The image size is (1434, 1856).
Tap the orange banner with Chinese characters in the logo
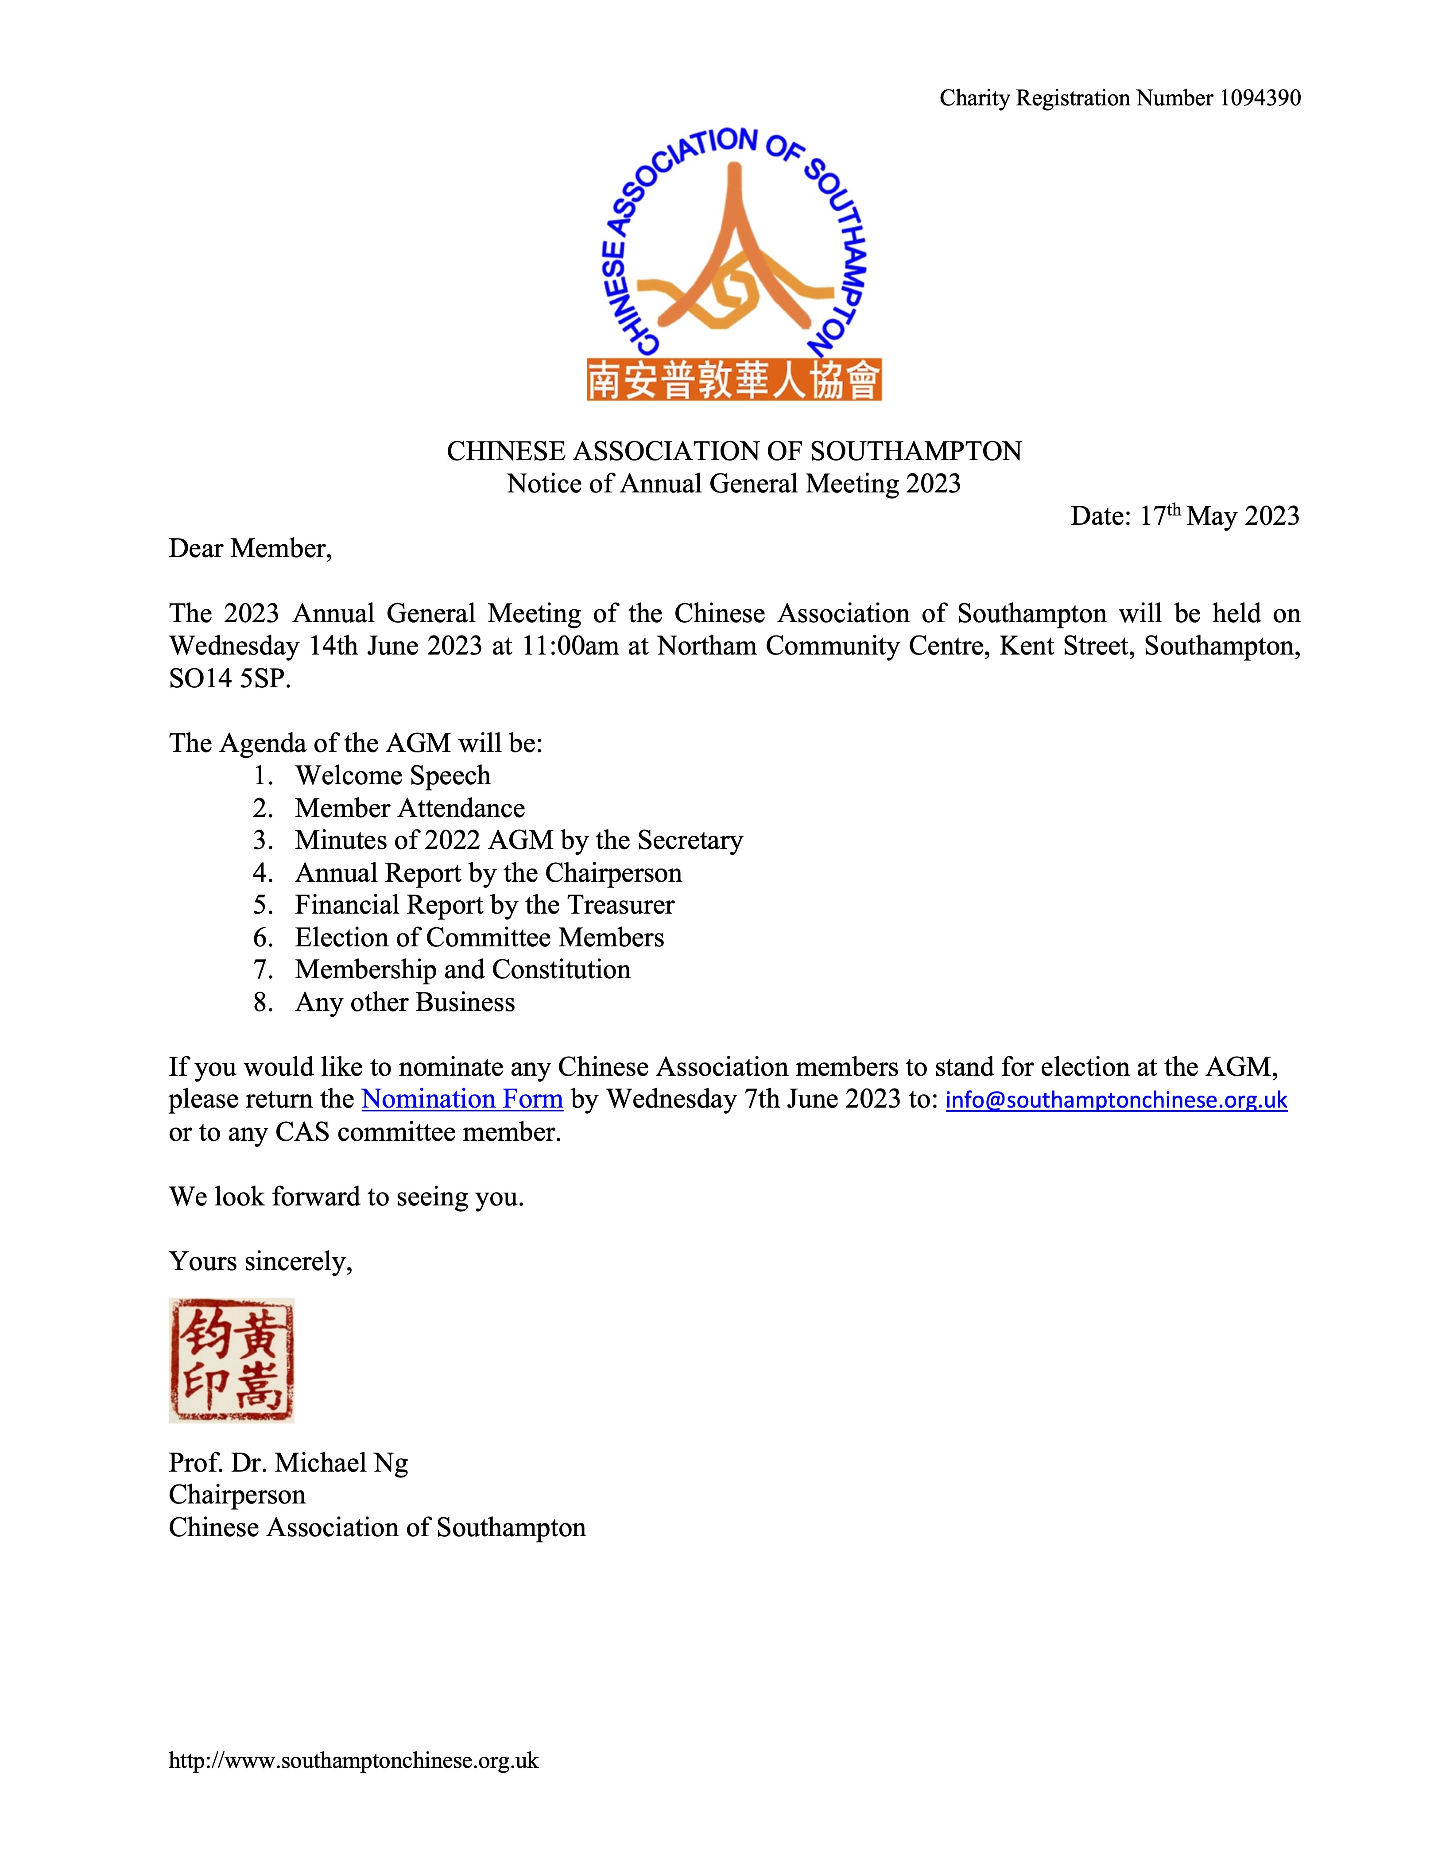733,379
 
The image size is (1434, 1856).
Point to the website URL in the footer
353,1760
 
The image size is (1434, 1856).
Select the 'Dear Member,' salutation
250,549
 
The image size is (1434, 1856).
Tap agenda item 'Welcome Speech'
393,776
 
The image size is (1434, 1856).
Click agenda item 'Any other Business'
405,1003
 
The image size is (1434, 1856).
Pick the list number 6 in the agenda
263,938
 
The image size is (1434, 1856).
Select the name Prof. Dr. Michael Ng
288,1463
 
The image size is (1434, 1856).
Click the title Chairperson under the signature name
236,1495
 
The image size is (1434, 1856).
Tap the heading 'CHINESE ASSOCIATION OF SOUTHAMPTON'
733,451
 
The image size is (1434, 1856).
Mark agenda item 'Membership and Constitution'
462,970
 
